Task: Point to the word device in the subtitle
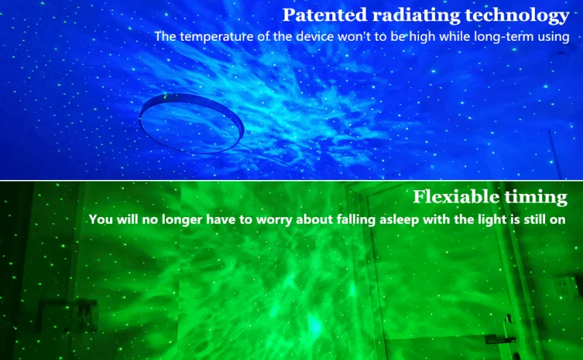pos(316,37)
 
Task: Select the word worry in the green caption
pos(275,220)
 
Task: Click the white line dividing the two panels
pos(291,181)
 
